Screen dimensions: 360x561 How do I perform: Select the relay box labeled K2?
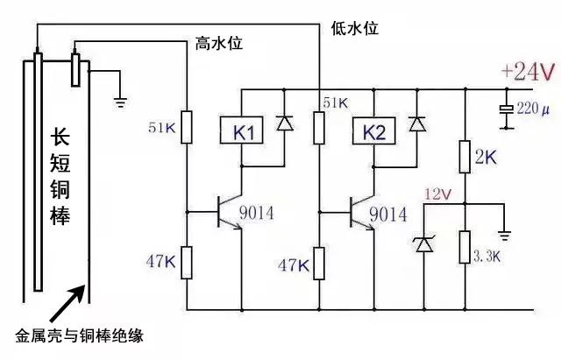tap(373, 134)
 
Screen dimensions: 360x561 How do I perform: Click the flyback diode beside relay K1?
tap(284, 124)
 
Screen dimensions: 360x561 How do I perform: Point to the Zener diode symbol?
tap(424, 244)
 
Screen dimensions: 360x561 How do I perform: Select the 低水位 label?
tap(355, 28)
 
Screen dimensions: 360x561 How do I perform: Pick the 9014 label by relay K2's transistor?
tap(390, 214)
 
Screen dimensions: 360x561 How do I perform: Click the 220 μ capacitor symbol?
tap(507, 111)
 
